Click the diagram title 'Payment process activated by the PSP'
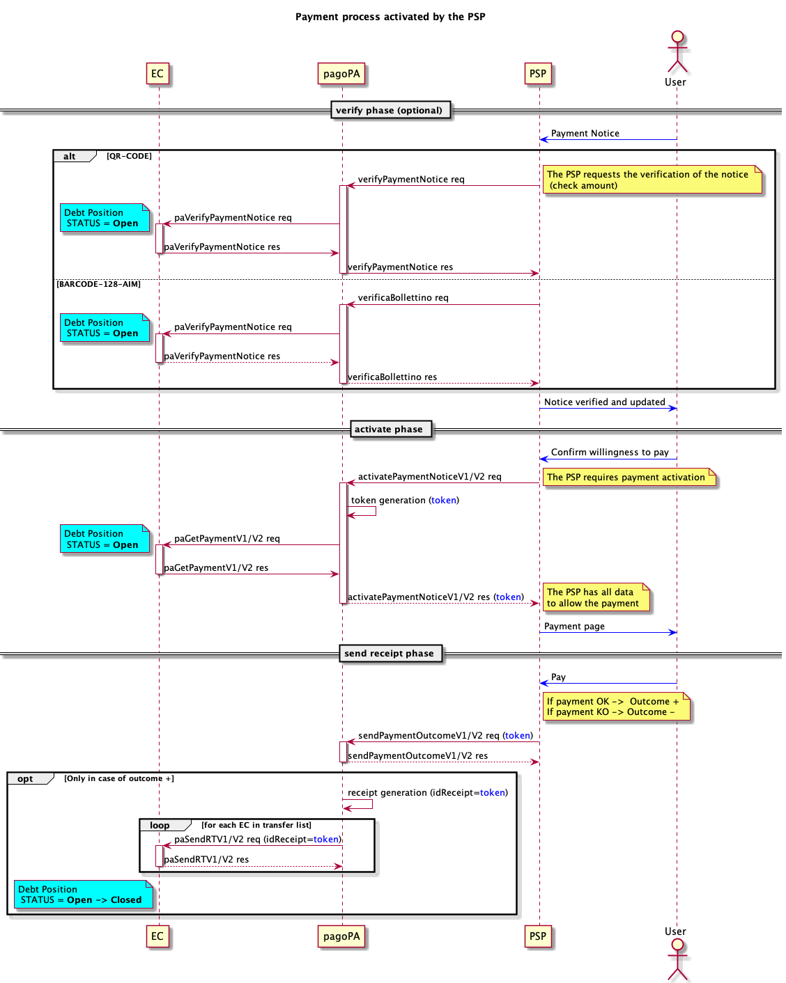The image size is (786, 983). [x=390, y=17]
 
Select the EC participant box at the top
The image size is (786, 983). [x=157, y=74]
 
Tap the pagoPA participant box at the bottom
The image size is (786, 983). [x=341, y=936]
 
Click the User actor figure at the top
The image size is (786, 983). [x=677, y=52]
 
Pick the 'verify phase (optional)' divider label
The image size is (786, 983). [x=390, y=110]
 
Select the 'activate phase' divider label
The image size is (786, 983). [x=389, y=430]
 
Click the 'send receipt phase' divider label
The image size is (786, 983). [x=389, y=654]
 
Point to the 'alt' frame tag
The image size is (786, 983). [x=70, y=157]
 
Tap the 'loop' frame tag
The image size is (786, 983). [x=160, y=826]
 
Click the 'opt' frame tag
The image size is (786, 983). [x=26, y=779]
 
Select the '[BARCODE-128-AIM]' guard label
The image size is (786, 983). [x=99, y=284]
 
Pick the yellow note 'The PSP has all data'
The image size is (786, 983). [x=596, y=597]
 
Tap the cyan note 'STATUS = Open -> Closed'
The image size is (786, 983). [x=83, y=895]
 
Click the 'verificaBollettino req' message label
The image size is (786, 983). [x=403, y=298]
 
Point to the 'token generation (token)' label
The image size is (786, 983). [x=405, y=501]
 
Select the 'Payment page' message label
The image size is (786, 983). [x=574, y=627]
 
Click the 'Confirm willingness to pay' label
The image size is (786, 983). [x=610, y=453]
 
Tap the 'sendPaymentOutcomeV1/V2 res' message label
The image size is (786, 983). [x=418, y=756]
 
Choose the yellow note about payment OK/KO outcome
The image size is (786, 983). [x=615, y=707]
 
